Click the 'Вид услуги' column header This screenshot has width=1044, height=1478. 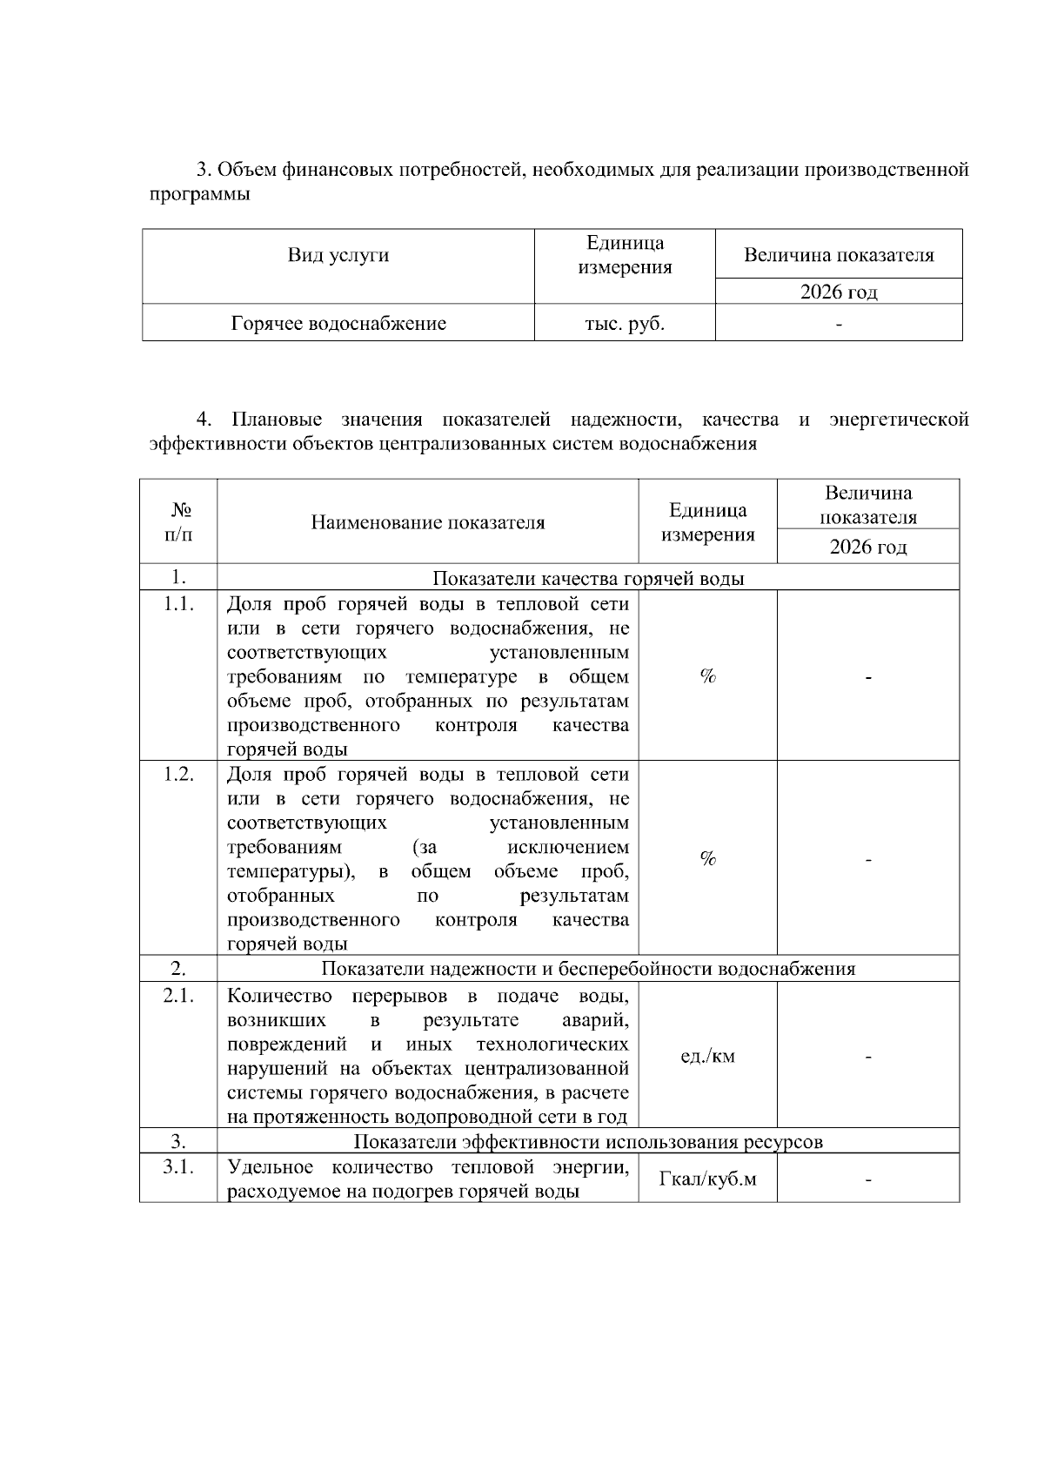pos(338,256)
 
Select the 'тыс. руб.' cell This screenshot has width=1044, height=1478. pos(625,324)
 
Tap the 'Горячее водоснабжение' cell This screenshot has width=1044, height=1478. pos(338,324)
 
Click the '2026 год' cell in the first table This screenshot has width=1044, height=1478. pos(839,292)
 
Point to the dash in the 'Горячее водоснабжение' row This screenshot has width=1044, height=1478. pos(839,325)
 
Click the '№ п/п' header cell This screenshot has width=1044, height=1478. pos(178,521)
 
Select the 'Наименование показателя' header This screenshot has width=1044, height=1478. pos(428,522)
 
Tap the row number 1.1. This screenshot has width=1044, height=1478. pos(178,603)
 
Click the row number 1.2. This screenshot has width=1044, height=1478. pos(178,774)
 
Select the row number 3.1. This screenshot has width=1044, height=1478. pos(178,1167)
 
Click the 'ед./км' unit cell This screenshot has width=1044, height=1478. pos(707,1057)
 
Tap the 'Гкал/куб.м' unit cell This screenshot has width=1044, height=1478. pos(707,1179)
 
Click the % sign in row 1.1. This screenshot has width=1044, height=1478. pos(707,677)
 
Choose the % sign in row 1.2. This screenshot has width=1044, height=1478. pos(707,859)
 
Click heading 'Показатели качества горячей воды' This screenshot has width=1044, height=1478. pos(588,578)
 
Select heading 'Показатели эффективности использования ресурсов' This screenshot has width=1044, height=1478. pos(588,1141)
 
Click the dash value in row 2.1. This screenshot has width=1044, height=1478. pos(868,1057)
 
